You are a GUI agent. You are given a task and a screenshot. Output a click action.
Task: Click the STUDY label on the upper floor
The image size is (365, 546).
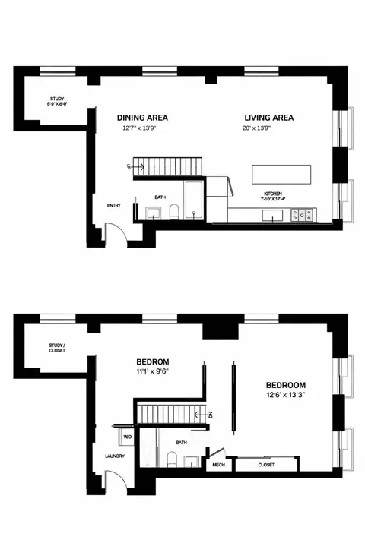(57, 99)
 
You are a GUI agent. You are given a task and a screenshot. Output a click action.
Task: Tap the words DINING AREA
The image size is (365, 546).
(142, 118)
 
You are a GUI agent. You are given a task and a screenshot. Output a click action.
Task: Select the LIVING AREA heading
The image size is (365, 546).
(268, 118)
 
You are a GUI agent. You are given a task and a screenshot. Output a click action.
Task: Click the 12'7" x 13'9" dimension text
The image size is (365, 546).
(142, 128)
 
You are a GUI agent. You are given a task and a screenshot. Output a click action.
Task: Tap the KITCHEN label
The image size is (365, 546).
(273, 194)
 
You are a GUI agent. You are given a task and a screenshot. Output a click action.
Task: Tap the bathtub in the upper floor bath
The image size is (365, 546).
(193, 200)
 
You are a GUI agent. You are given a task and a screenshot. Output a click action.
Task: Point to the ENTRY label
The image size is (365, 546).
(114, 204)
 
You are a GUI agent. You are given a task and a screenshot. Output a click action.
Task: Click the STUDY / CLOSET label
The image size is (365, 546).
(58, 349)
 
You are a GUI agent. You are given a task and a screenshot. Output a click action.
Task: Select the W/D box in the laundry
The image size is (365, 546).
(126, 438)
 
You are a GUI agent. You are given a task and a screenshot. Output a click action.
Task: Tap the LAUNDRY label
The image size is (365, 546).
(114, 456)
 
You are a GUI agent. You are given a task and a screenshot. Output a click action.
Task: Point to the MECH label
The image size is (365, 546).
(219, 465)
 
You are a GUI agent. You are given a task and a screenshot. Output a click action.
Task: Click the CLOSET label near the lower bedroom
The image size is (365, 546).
(266, 465)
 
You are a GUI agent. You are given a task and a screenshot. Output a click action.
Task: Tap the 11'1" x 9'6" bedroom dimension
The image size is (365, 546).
(152, 372)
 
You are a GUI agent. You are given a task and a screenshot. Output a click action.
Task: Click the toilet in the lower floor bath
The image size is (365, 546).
(173, 459)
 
